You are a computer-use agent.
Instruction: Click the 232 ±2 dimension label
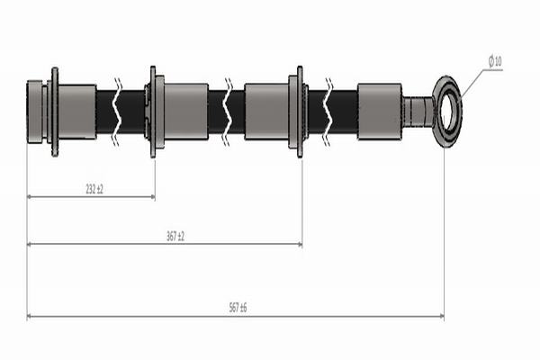tap(94, 189)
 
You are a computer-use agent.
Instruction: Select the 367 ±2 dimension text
tap(175, 237)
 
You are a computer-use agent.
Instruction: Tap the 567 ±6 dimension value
tap(238, 308)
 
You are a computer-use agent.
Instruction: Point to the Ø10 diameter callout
tap(495, 61)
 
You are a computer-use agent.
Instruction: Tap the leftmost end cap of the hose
tap(34, 112)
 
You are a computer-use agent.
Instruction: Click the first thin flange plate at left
tap(55, 112)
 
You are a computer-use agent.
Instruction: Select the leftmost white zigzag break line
tap(117, 112)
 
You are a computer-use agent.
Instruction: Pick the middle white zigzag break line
tap(228, 112)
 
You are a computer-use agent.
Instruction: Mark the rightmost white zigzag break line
tap(328, 112)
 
